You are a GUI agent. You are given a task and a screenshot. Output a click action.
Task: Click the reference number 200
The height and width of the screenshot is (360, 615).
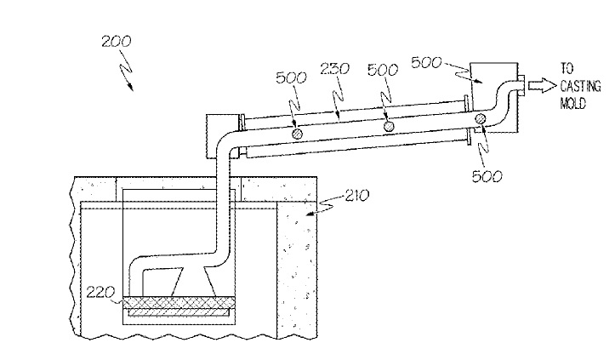click(117, 41)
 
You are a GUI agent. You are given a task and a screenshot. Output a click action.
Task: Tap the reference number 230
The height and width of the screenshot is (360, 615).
click(334, 69)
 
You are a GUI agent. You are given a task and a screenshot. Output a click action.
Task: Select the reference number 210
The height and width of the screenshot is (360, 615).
click(357, 195)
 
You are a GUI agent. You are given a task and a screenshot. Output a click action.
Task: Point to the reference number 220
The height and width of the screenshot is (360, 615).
click(100, 293)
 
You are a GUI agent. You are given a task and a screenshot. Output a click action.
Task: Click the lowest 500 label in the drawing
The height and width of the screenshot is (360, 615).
click(487, 177)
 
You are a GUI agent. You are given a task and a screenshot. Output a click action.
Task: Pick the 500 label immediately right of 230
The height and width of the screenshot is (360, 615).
click(383, 70)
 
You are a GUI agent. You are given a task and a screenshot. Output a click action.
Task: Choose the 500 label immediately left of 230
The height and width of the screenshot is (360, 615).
click(291, 77)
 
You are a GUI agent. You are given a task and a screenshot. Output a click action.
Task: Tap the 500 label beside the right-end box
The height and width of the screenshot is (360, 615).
click(426, 62)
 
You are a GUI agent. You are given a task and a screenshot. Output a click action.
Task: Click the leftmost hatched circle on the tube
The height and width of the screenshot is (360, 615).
click(298, 134)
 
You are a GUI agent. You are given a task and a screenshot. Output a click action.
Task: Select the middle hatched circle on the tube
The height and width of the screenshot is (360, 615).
click(389, 126)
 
